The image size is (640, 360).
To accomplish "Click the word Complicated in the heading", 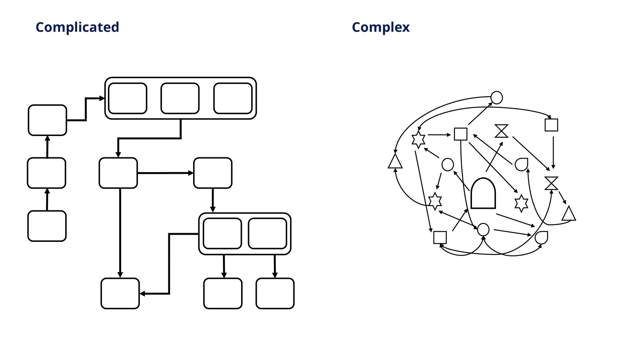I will tap(77, 27).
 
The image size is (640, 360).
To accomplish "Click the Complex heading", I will tap(381, 27).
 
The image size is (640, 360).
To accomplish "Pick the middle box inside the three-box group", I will tap(180, 98).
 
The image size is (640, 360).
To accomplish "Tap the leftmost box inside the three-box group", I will tap(128, 98).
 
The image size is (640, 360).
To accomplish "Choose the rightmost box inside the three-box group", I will tap(233, 98).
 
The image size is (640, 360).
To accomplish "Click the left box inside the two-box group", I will tap(222, 233).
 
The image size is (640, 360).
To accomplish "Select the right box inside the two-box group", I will tap(267, 233).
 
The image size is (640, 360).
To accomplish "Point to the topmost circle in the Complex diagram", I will tap(496, 98).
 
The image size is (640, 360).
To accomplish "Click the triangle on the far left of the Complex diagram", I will tap(395, 162).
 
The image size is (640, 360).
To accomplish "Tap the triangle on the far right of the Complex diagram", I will tap(569, 214).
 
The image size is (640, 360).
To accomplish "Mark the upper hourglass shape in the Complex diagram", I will tap(501, 131).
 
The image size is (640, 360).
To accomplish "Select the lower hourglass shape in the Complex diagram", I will tap(551, 183).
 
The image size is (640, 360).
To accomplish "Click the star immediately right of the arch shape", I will tap(521, 203).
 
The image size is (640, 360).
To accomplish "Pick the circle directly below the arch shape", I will tap(483, 229).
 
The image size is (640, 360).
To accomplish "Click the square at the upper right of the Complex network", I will tap(551, 125).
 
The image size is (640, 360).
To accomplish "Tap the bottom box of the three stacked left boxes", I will tap(47, 226).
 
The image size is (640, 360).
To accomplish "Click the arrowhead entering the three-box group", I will tap(102, 98).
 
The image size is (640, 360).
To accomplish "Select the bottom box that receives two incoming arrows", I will tap(120, 293).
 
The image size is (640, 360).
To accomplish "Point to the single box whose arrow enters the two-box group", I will tap(213, 173).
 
